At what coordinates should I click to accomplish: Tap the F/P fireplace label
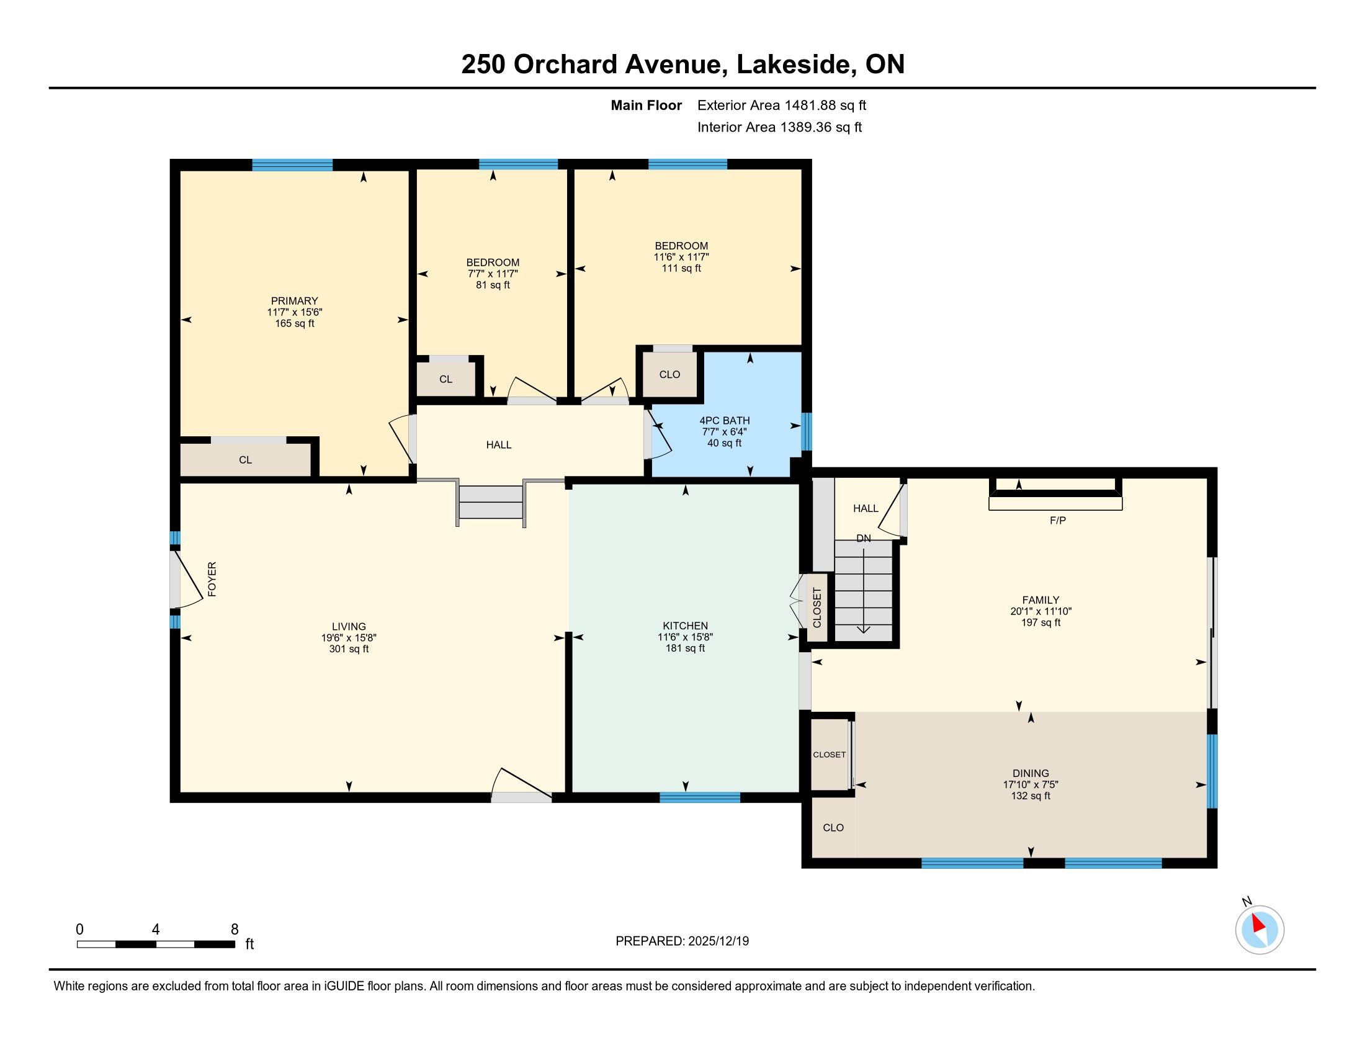[1057, 520]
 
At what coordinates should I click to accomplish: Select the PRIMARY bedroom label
[294, 300]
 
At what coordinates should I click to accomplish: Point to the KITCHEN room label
[685, 626]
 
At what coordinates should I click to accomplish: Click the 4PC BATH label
[724, 421]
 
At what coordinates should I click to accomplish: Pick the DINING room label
[1031, 773]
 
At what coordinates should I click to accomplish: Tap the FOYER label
[212, 579]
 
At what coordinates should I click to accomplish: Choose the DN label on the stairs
[863, 538]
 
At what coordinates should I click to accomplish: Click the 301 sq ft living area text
[349, 649]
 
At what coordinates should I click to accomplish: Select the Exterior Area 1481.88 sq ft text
[782, 105]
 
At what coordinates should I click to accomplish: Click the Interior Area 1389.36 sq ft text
[779, 127]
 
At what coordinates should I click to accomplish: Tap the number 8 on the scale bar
[235, 930]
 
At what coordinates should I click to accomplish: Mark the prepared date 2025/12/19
[717, 941]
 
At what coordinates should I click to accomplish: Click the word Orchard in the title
[565, 65]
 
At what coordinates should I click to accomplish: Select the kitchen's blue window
[700, 797]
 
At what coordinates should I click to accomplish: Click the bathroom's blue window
[807, 431]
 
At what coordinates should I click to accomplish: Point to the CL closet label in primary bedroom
[245, 459]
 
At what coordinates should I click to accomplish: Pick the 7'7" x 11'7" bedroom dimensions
[493, 274]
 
